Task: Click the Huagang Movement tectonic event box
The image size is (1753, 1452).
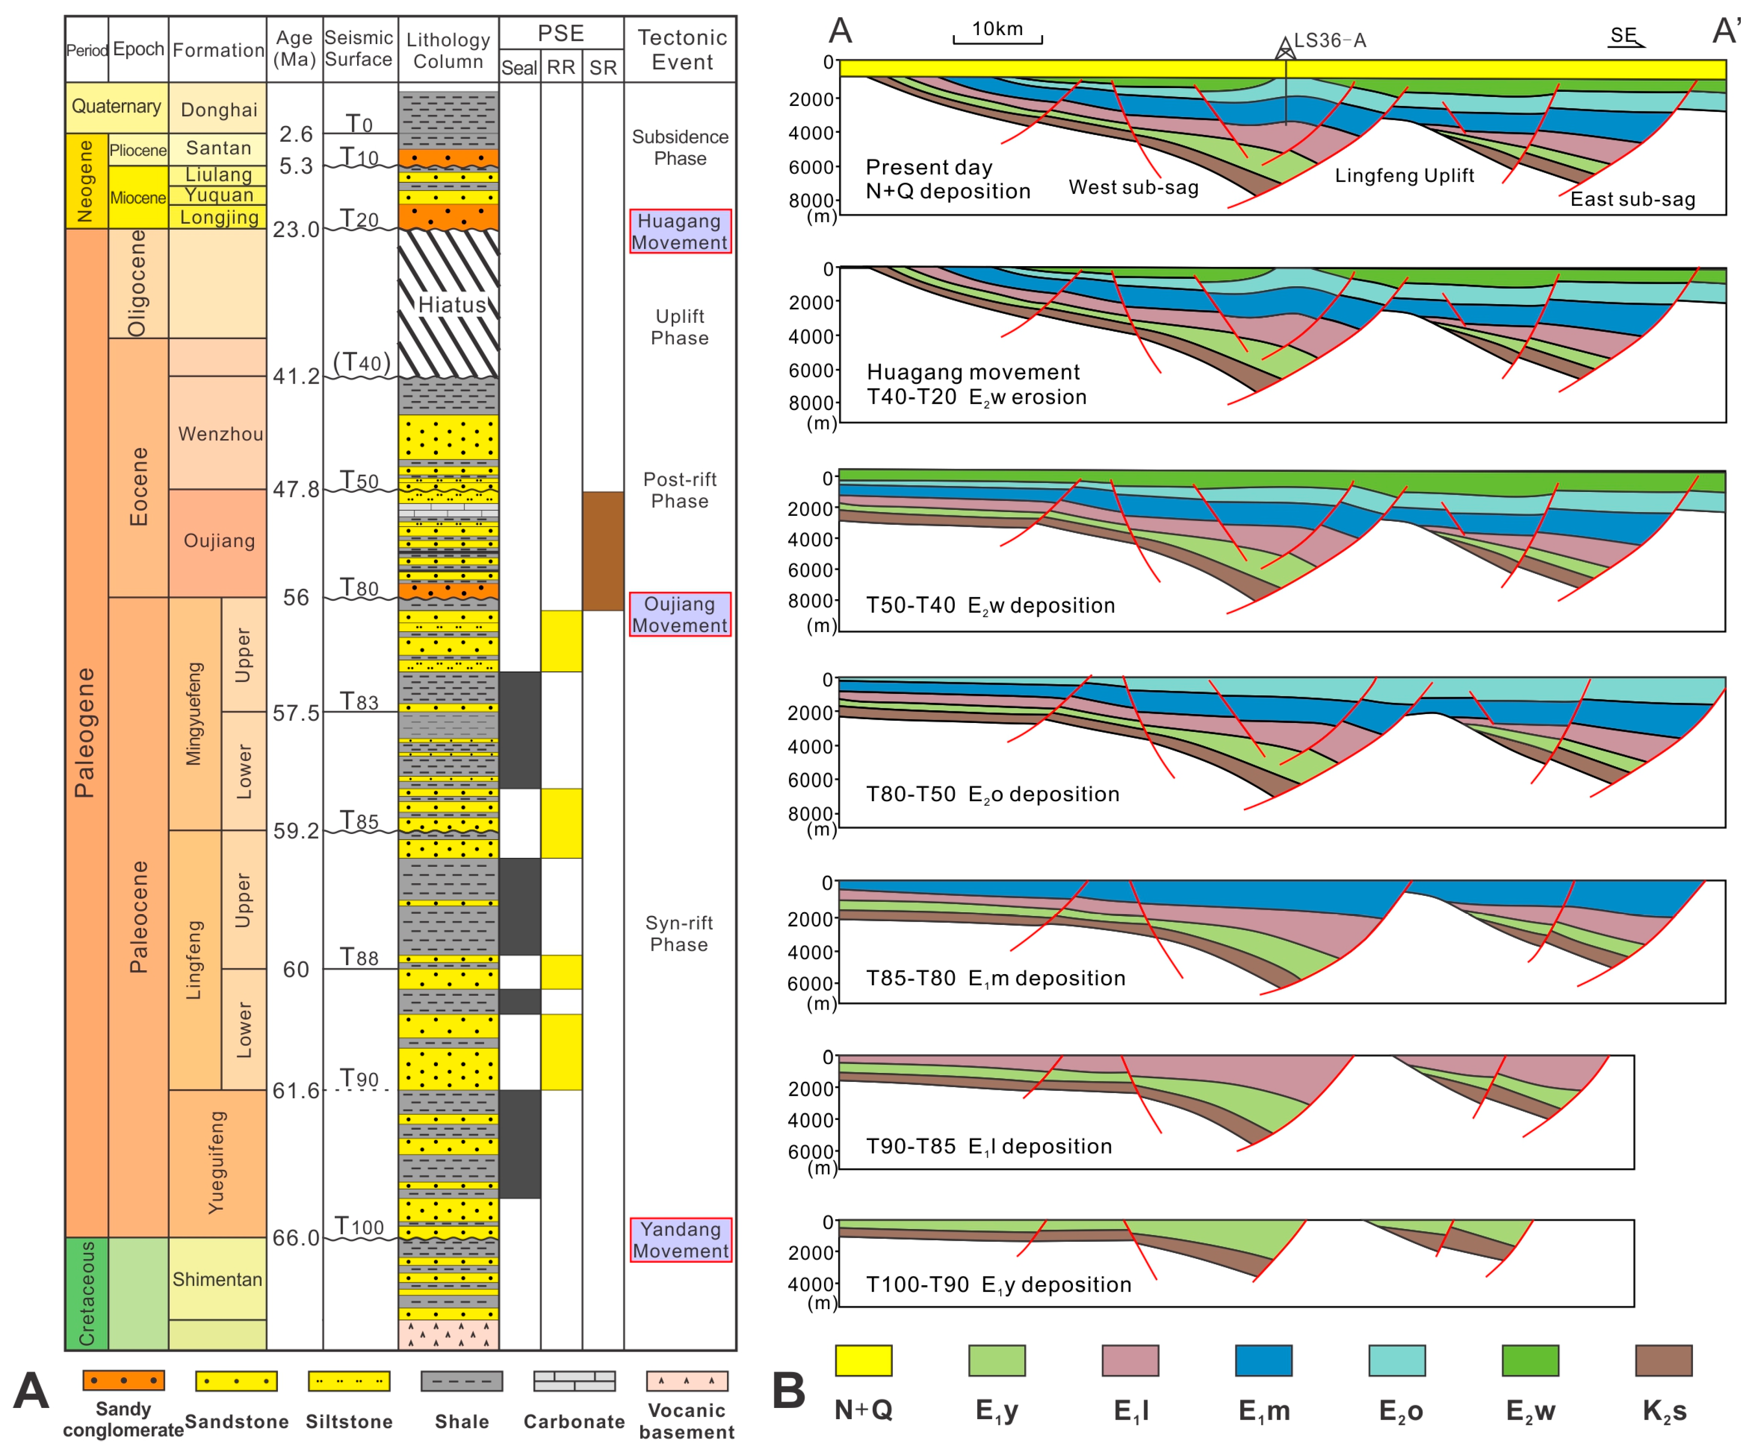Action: coord(680,231)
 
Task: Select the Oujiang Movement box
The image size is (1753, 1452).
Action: coord(680,614)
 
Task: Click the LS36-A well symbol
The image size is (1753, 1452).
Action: coord(1285,48)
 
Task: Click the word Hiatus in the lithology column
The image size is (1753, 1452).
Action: coord(451,305)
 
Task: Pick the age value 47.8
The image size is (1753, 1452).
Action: coord(295,489)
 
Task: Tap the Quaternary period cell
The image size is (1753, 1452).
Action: coord(116,107)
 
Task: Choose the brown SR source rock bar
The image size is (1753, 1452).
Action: coord(603,551)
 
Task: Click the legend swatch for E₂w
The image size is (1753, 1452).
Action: coord(1529,1360)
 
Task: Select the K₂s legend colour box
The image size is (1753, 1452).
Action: coord(1663,1360)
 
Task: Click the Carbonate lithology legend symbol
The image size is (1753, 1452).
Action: coord(574,1381)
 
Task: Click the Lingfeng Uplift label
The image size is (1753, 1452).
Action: coord(1404,175)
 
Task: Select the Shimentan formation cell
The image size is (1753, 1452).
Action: coord(217,1279)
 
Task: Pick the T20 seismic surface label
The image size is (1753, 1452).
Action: coord(359,219)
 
